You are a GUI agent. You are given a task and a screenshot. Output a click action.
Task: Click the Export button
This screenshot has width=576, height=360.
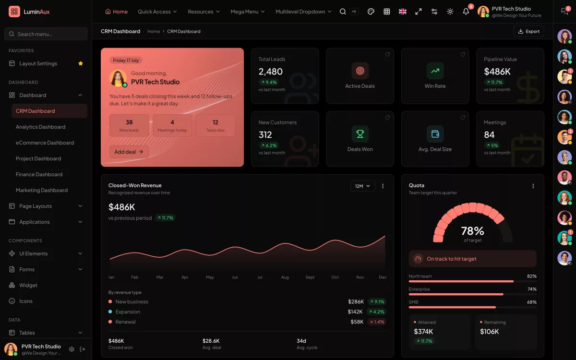click(528, 31)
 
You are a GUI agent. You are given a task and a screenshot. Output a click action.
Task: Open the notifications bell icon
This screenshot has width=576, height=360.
click(466, 12)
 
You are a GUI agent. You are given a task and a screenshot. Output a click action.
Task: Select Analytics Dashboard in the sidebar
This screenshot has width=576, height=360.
click(41, 127)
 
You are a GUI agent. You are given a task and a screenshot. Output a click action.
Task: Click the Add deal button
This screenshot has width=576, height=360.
click(129, 152)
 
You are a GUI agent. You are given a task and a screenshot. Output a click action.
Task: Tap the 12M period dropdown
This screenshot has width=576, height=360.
click(362, 186)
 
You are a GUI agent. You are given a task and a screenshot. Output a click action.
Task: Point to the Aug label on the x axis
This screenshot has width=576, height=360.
click(285, 277)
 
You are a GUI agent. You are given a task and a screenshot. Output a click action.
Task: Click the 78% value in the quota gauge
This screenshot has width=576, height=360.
click(472, 231)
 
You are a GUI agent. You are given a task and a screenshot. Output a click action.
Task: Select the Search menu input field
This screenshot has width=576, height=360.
click(46, 34)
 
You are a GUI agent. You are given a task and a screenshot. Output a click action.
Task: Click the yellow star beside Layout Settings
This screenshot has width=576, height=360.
click(81, 63)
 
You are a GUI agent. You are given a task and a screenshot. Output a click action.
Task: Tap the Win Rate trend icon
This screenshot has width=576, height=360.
click(435, 71)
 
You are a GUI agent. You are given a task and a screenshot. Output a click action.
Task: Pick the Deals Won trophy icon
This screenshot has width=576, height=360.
click(360, 134)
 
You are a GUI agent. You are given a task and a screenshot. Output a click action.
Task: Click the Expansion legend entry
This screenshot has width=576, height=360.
click(124, 312)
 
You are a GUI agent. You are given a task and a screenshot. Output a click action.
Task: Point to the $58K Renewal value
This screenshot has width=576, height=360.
click(357, 322)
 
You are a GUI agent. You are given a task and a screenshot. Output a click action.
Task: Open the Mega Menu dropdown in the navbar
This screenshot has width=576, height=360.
click(247, 12)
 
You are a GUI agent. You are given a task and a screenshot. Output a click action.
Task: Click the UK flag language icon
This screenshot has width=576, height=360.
click(402, 12)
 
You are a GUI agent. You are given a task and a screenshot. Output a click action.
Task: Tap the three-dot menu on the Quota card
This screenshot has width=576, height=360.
click(533, 186)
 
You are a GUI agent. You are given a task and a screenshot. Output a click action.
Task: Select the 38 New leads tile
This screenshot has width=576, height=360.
click(129, 125)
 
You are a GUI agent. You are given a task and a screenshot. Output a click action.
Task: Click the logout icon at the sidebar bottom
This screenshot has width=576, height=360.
click(82, 349)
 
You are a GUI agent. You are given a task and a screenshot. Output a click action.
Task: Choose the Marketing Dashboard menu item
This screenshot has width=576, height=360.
click(42, 190)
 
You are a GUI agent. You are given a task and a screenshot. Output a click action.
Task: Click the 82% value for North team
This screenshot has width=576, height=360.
click(531, 276)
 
